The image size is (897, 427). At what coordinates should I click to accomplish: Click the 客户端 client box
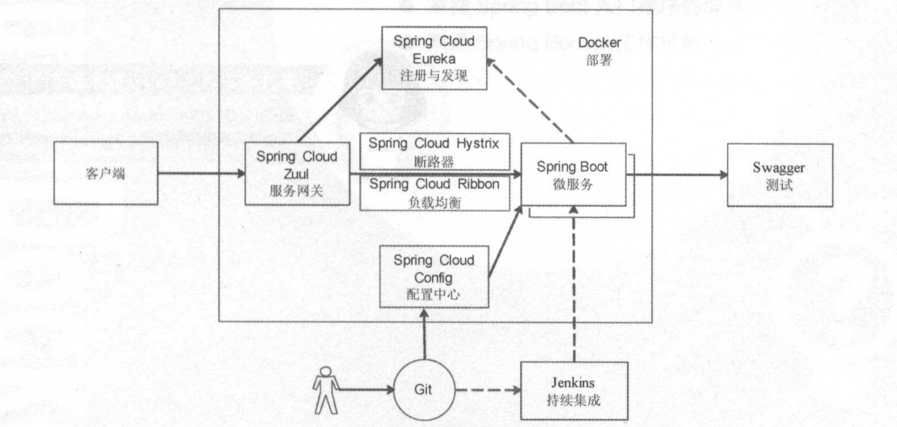(106, 174)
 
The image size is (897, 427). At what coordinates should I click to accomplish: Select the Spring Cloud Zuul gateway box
(296, 174)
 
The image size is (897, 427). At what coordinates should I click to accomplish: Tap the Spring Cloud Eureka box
(434, 57)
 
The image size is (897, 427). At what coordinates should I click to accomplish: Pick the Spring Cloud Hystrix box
(434, 150)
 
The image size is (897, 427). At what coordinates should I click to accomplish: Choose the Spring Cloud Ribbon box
(434, 193)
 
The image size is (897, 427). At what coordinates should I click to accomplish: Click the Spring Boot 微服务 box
(573, 175)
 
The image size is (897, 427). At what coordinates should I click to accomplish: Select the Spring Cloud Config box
(434, 277)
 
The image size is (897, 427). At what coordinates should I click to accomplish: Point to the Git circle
(424, 388)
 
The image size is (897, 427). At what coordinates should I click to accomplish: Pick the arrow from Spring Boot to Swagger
(677, 175)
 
